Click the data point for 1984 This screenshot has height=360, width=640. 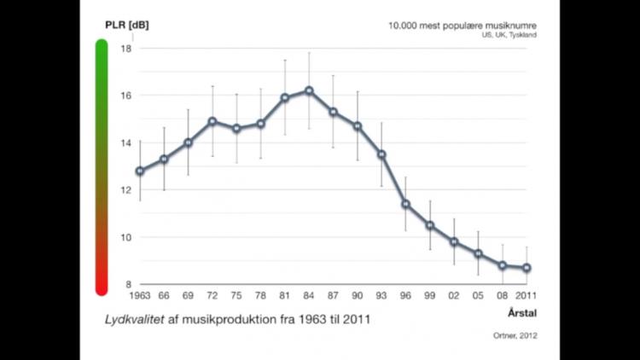(x=309, y=90)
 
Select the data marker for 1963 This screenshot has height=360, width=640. (x=140, y=171)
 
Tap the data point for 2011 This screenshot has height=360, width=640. (x=527, y=268)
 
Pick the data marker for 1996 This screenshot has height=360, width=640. (x=406, y=204)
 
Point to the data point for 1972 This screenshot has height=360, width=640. (x=212, y=121)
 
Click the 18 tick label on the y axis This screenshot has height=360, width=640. (x=125, y=49)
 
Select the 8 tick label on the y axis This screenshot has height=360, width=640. (x=127, y=284)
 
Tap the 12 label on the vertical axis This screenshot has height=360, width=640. (x=125, y=190)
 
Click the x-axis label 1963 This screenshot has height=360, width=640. (x=140, y=296)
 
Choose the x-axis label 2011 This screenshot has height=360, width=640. (x=527, y=296)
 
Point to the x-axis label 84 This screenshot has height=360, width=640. (x=309, y=296)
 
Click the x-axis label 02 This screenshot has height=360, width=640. (x=454, y=296)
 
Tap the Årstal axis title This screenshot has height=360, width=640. (x=521, y=312)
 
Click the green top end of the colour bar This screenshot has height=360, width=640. (x=102, y=46)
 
